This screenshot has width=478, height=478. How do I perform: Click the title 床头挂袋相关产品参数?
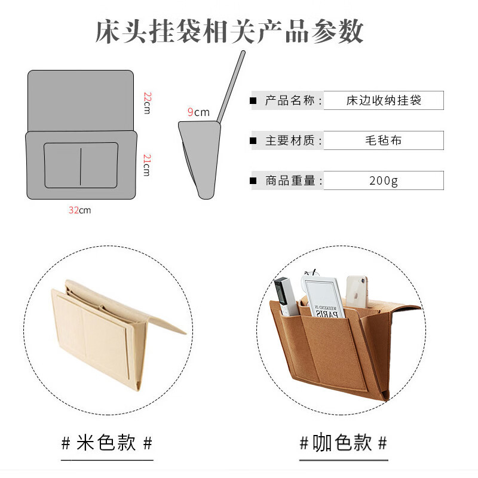pyautogui.click(x=229, y=31)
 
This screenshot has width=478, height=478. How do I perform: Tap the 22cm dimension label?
pyautogui.click(x=147, y=103)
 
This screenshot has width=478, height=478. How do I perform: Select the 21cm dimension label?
pyautogui.click(x=147, y=165)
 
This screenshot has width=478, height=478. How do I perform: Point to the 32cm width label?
pyautogui.click(x=79, y=210)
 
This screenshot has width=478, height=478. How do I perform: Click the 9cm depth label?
pyautogui.click(x=198, y=112)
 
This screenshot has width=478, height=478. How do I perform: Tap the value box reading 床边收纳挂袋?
pyautogui.click(x=384, y=100)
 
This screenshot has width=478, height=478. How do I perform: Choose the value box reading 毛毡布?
pyautogui.click(x=384, y=140)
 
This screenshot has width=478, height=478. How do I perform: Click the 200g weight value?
pyautogui.click(x=384, y=180)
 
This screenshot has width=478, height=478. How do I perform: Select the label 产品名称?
pyautogui.click(x=290, y=100)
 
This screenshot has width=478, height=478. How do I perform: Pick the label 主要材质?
pyautogui.click(x=290, y=140)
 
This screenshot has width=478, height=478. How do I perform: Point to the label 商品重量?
pyautogui.click(x=290, y=180)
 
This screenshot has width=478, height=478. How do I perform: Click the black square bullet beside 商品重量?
pyautogui.click(x=253, y=181)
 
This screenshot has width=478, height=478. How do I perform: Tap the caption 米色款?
pyautogui.click(x=106, y=443)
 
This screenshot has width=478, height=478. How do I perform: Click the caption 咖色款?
pyautogui.click(x=342, y=442)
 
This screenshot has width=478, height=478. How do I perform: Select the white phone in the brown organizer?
pyautogui.click(x=357, y=292)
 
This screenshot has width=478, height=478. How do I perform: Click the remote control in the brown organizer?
pyautogui.click(x=286, y=296)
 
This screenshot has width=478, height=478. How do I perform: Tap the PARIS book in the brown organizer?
pyautogui.click(x=324, y=297)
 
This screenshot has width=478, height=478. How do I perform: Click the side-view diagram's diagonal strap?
pyautogui.click(x=231, y=87)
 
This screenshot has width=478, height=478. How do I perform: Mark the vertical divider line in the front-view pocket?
pyautogui.click(x=81, y=167)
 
